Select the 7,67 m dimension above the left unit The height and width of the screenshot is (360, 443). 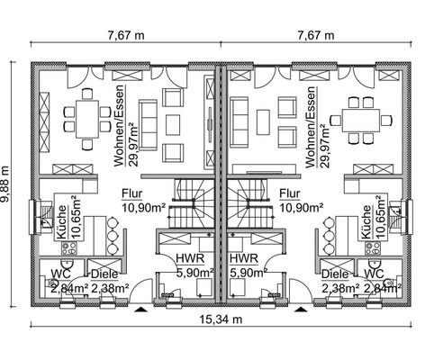(126, 35)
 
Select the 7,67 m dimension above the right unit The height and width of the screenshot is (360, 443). (315, 35)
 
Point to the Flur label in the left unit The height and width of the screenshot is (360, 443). (131, 193)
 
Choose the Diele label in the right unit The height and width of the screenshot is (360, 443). (335, 274)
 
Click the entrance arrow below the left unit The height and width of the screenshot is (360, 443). (140, 310)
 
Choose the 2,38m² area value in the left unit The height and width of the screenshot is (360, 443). (109, 288)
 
